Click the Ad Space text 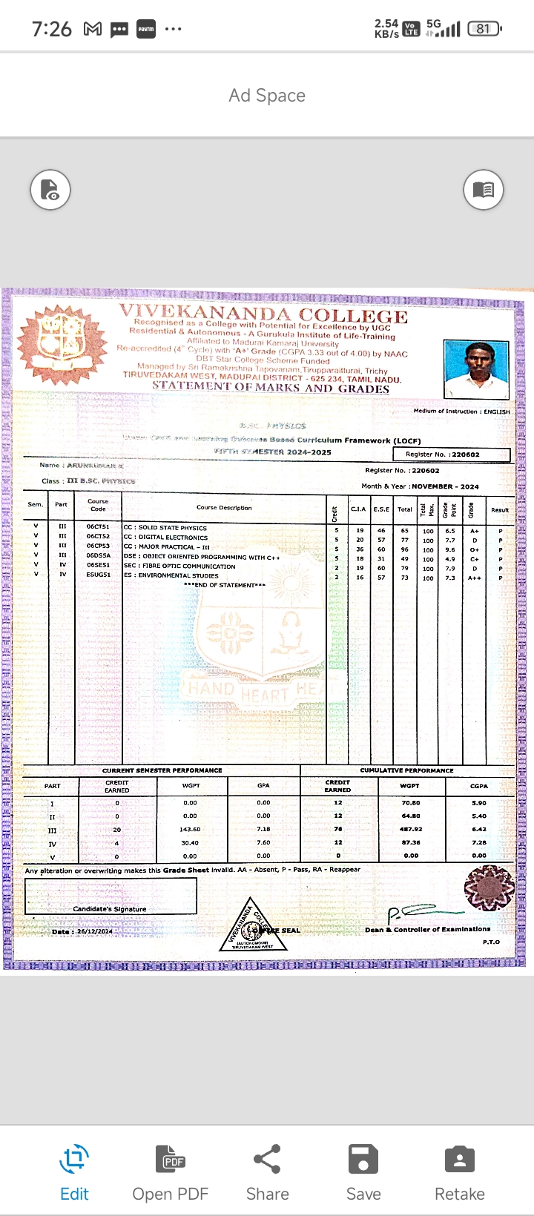tap(267, 96)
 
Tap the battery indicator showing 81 tap(484, 29)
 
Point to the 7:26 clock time tap(52, 29)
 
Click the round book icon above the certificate tap(484, 190)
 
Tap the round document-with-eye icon tap(50, 190)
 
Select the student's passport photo tap(476, 369)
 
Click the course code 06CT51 tap(98, 527)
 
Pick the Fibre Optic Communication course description tap(179, 566)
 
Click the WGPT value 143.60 tap(190, 830)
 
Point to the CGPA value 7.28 tap(479, 842)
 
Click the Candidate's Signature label tap(110, 909)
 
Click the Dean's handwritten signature tap(419, 913)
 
